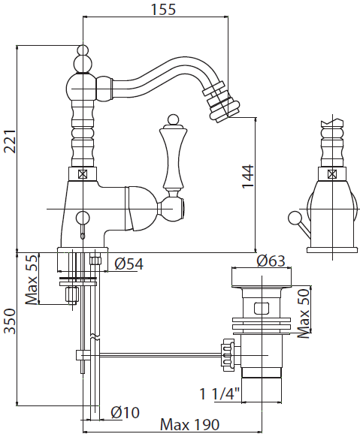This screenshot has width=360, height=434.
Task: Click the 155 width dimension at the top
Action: point(163,9)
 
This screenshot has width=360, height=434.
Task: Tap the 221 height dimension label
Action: point(11,141)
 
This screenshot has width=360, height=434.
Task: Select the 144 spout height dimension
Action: point(248,176)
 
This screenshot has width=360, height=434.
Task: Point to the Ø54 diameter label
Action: point(129,264)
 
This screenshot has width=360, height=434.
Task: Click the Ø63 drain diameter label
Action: point(271,261)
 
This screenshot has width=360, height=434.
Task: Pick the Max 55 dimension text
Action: point(31,280)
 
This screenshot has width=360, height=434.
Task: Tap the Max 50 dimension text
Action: point(304,313)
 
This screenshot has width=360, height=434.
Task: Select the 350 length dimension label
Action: point(11,321)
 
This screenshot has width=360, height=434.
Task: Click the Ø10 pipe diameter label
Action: point(125,413)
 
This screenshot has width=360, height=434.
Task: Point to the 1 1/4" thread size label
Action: point(219,394)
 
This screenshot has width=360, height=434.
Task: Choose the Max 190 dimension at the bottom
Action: point(190,424)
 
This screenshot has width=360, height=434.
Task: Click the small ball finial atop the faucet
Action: point(83,50)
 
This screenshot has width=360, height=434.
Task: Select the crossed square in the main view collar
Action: point(83,174)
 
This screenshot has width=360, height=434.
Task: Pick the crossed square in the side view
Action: point(331,174)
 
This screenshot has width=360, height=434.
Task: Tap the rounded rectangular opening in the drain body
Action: point(262,309)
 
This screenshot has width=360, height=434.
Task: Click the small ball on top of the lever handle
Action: point(173,119)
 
